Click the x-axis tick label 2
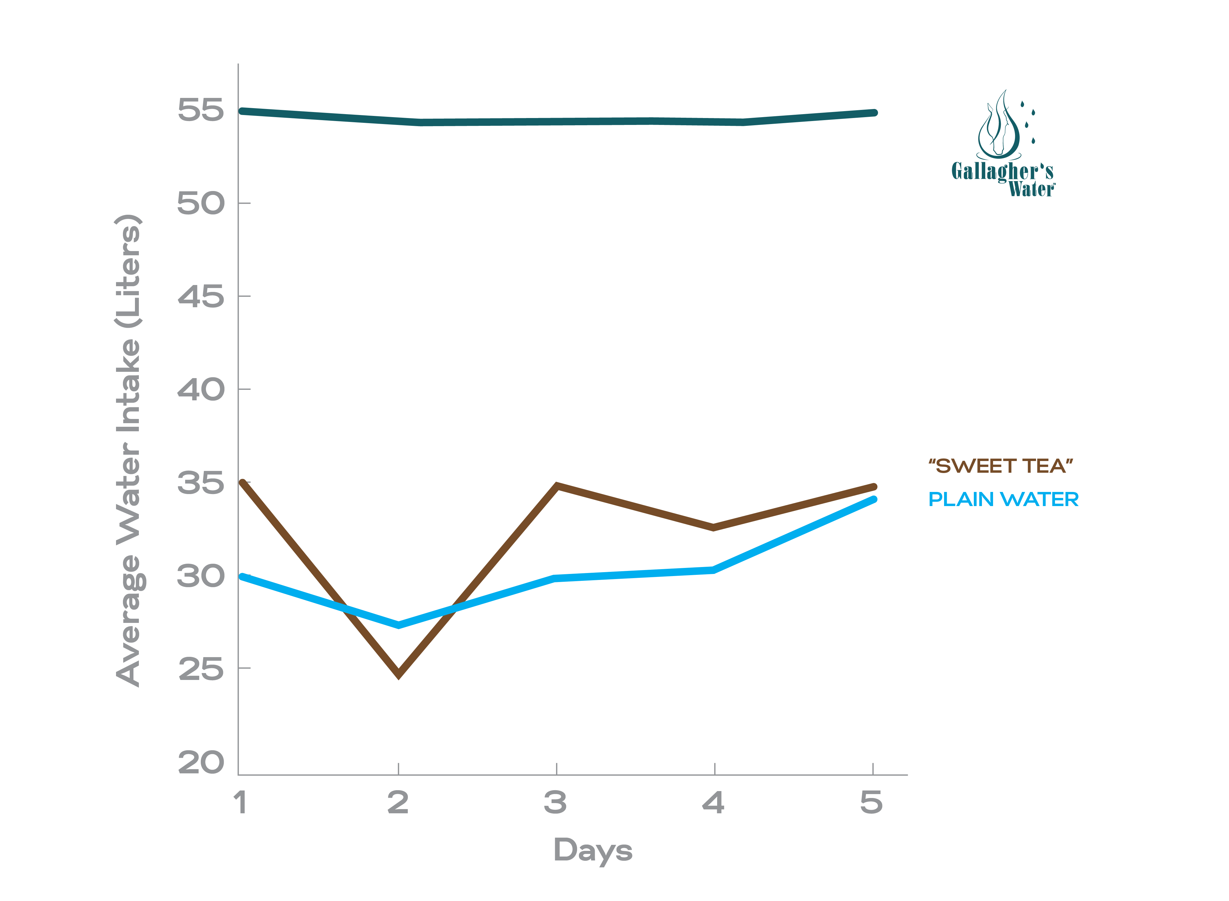pos(398,803)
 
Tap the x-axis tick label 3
pos(555,803)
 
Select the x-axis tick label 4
pos(713,803)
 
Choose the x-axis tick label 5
pos(872,803)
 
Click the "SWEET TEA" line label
pos(1000,466)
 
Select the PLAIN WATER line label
pos(1003,499)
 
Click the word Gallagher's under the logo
pos(1002,171)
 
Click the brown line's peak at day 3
pos(556,485)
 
